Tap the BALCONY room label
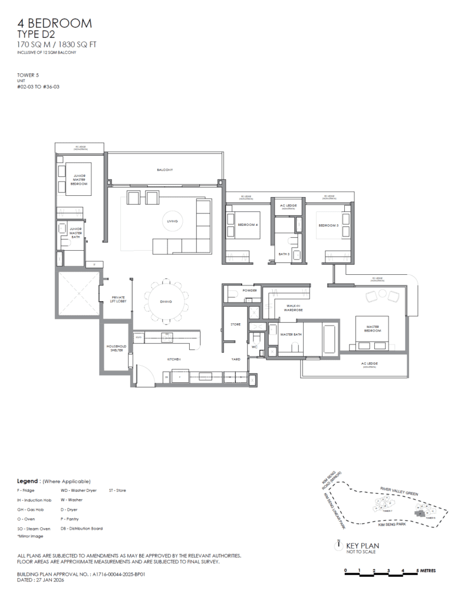[164, 170]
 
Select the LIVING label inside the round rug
[172, 221]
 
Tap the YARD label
[235, 359]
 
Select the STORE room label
[235, 325]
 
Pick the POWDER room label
[248, 291]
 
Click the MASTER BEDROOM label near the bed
[373, 329]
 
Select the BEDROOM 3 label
[328, 225]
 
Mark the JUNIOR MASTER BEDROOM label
[80, 179]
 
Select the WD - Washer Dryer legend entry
[78, 490]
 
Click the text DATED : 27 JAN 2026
[41, 580]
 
